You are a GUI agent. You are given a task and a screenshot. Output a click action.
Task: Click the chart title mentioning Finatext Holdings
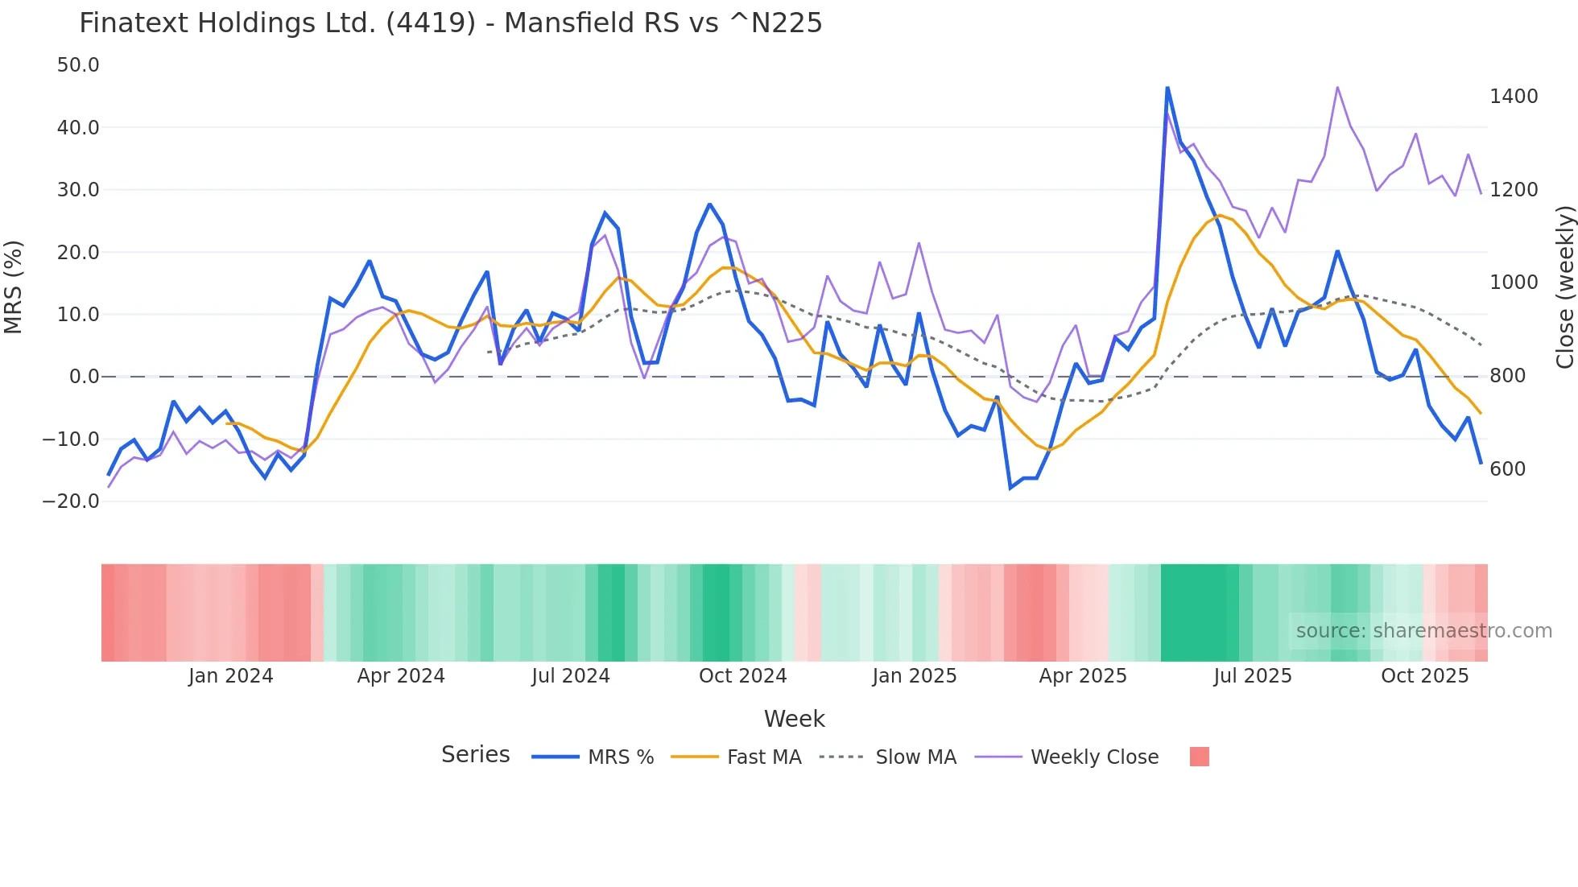pos(451,23)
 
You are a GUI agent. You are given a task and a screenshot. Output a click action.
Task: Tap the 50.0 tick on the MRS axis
pos(78,65)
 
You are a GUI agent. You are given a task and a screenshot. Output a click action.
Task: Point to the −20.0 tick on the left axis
pos(72,501)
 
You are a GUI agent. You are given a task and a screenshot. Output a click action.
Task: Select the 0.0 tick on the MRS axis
pos(84,377)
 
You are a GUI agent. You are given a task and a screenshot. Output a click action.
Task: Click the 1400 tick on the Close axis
pos(1514,97)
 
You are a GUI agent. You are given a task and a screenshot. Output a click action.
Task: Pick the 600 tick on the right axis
pos(1507,469)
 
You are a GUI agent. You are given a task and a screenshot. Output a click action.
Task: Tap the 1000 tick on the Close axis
pos(1514,283)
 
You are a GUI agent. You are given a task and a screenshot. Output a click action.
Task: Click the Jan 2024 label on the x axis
pos(231,676)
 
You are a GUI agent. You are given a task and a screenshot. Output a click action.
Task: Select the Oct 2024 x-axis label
pos(742,676)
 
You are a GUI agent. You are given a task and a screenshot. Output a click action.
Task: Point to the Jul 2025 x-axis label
pos(1253,676)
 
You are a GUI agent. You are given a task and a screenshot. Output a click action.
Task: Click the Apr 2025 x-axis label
pos(1083,676)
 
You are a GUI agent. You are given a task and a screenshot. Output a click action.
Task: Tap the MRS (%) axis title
pos(14,287)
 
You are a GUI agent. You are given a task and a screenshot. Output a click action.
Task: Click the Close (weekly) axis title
pos(1564,287)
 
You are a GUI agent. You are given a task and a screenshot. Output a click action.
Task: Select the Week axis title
pos(794,719)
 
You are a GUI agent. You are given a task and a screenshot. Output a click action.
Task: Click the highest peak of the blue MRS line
pos(1167,88)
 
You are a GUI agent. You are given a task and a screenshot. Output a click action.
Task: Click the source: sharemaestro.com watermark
pos(1423,631)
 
